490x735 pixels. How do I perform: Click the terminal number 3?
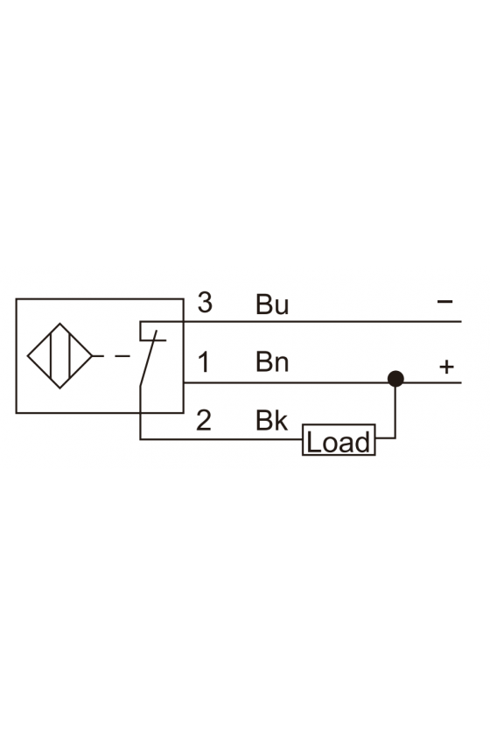(x=205, y=303)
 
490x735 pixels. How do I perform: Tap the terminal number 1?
(x=204, y=362)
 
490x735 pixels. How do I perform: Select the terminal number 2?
(x=204, y=420)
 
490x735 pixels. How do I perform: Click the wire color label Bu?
(x=272, y=304)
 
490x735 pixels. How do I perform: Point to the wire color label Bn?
(x=272, y=362)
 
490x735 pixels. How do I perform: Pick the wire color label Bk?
(x=271, y=420)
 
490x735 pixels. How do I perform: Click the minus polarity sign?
(x=444, y=301)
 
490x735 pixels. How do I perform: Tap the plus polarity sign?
(x=447, y=367)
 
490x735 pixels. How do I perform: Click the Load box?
(x=339, y=439)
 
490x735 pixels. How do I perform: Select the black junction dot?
(x=395, y=378)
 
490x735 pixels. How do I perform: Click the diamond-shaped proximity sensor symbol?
(x=59, y=356)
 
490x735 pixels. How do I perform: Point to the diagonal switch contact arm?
(x=148, y=358)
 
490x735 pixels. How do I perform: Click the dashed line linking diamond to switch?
(x=111, y=356)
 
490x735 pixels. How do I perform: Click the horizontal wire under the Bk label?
(x=221, y=439)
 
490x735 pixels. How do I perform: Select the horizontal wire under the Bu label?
(x=300, y=322)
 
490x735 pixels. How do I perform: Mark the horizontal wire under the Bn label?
(x=285, y=382)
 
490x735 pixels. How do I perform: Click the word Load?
(x=339, y=442)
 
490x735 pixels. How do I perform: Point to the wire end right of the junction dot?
(x=461, y=382)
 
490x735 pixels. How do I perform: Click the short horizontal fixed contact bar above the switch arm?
(x=153, y=339)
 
